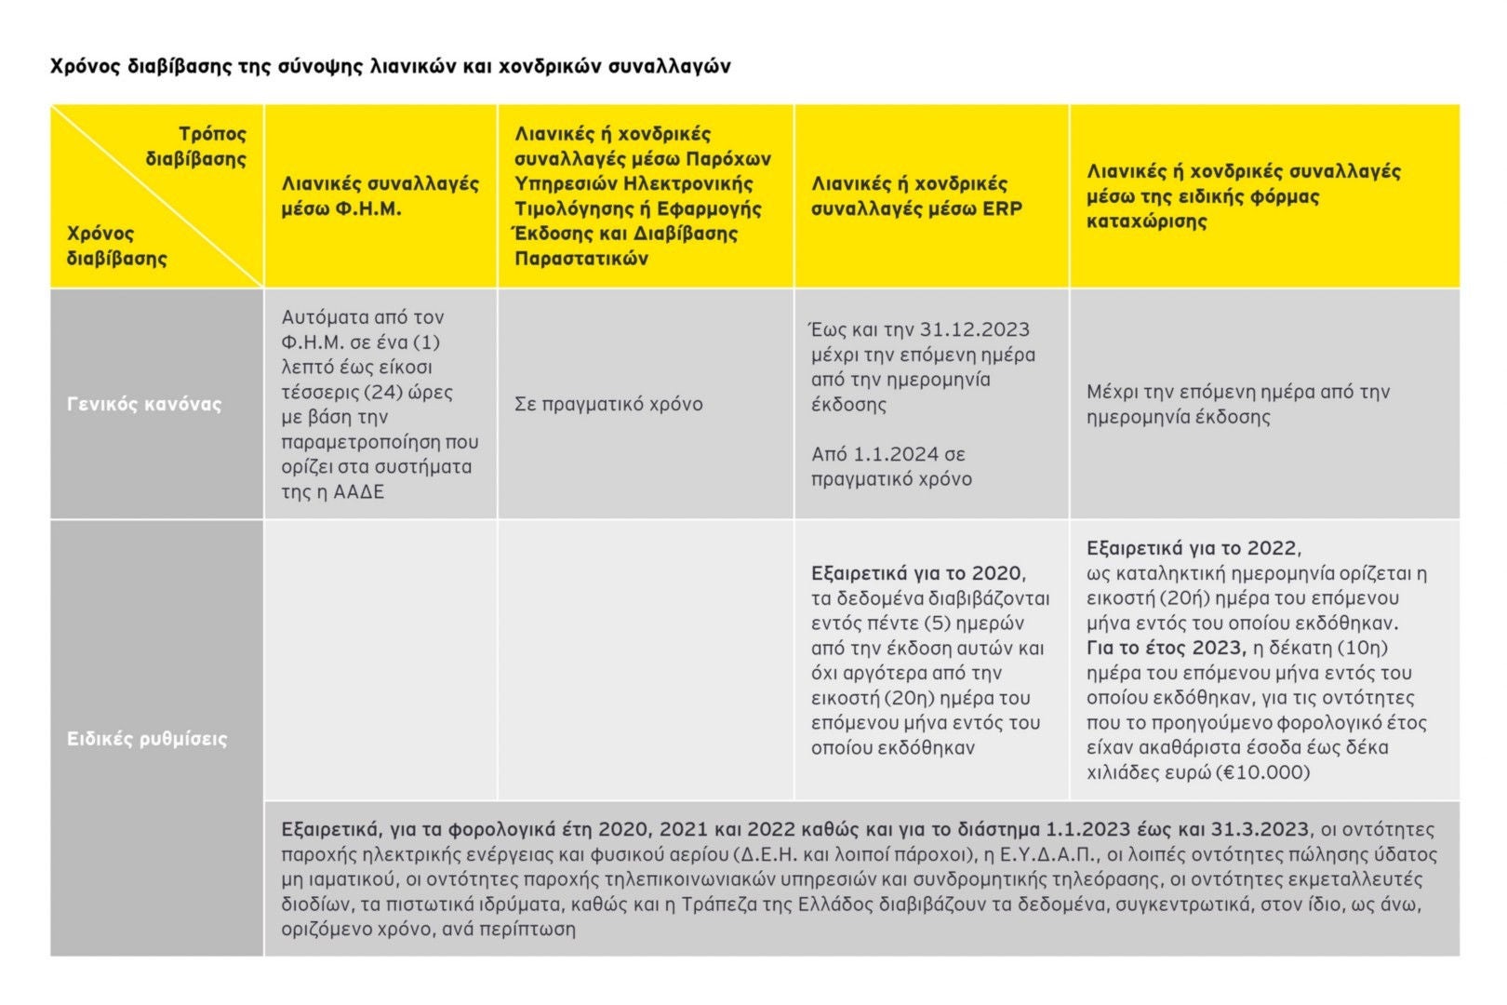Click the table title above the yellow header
click(x=390, y=66)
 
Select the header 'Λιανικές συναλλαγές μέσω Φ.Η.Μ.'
click(x=380, y=196)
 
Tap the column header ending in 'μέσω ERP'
click(x=915, y=196)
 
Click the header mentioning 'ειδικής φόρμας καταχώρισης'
click(x=1243, y=196)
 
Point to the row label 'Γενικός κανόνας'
click(x=144, y=404)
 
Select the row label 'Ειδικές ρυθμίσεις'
click(x=147, y=739)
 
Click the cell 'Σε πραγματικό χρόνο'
click(x=608, y=404)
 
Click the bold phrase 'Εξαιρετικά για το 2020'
click(x=917, y=573)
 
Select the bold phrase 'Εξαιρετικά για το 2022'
click(x=1193, y=548)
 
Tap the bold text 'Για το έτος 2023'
click(x=1166, y=648)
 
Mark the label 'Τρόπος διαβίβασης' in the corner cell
click(x=196, y=146)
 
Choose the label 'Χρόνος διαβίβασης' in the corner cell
click(x=116, y=246)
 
